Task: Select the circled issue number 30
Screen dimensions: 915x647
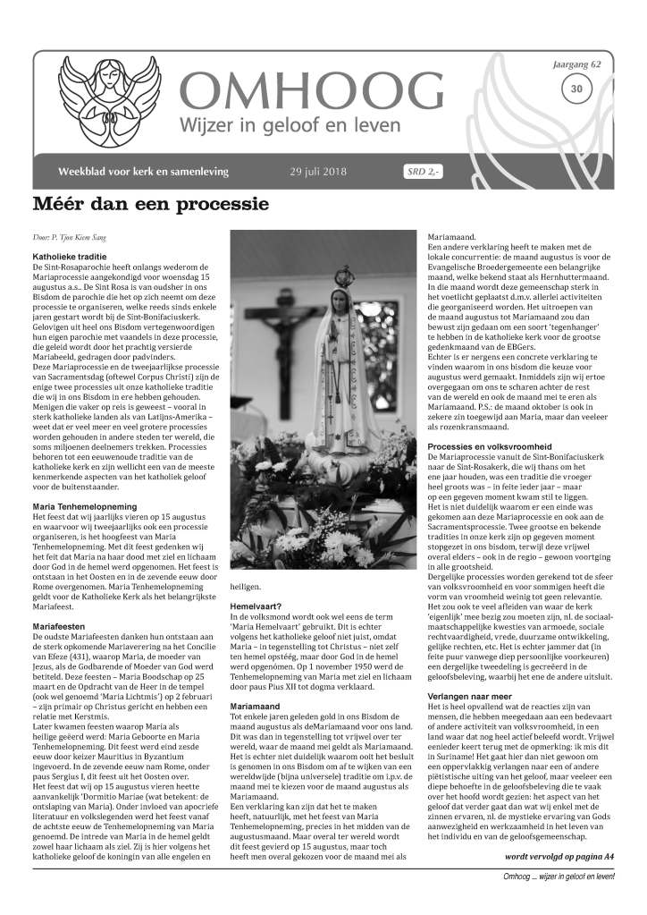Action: [576, 88]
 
